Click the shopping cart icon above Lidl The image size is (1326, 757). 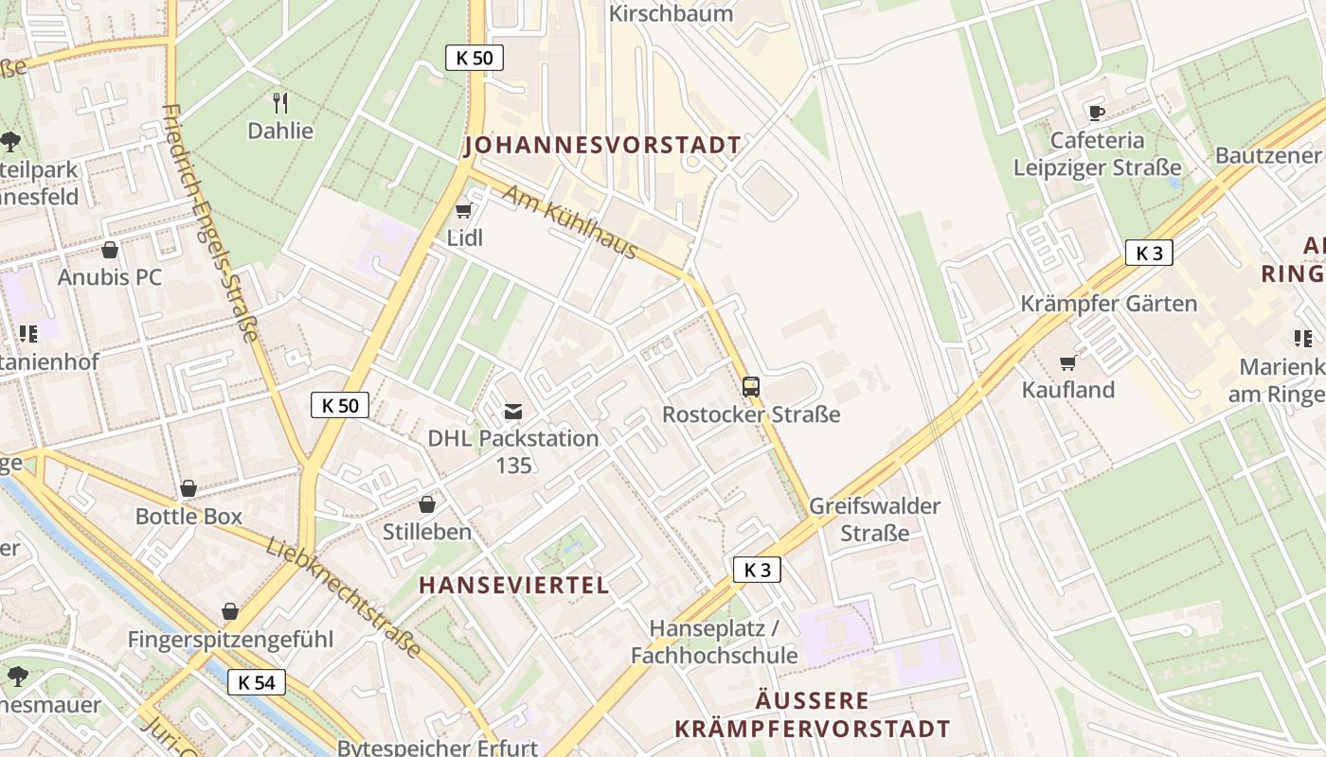point(463,210)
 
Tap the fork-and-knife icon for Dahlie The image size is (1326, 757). point(279,102)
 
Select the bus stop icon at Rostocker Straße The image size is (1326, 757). point(750,386)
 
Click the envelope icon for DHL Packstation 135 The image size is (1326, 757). point(513,411)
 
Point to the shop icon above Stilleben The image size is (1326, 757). point(427,504)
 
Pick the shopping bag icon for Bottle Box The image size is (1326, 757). point(188,488)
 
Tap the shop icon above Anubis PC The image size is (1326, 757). point(110,250)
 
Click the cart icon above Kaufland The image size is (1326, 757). point(1068,362)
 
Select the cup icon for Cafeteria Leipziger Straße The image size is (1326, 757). point(1097,113)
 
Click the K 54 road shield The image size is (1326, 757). point(257,681)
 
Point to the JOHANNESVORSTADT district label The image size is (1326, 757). point(602,146)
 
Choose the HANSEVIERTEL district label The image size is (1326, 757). point(514,585)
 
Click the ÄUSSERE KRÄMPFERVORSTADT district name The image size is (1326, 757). point(812,714)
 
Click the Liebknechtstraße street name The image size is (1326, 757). point(343,598)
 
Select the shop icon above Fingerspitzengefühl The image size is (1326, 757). point(230,611)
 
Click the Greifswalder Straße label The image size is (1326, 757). point(874,519)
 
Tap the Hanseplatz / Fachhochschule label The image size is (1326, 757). point(714,642)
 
